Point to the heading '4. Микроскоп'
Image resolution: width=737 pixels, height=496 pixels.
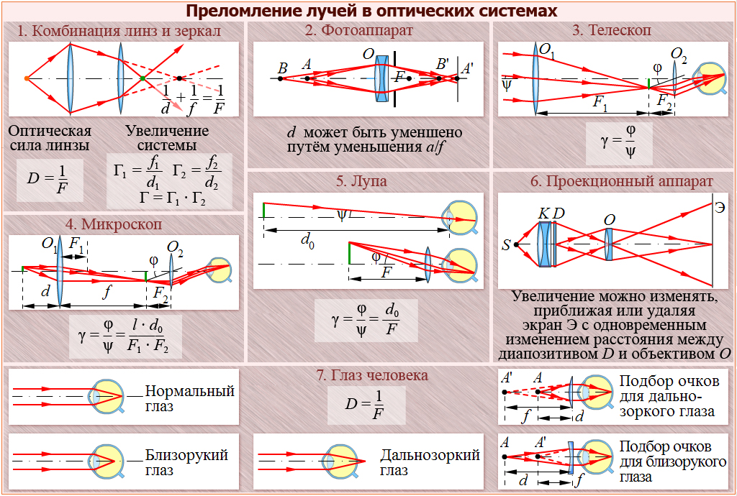tap(122, 224)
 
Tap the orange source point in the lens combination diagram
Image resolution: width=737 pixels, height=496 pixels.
tap(27, 78)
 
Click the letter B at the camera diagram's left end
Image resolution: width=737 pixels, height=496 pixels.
tap(283, 68)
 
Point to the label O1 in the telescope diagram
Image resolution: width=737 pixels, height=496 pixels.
tap(547, 51)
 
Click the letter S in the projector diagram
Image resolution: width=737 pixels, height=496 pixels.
tap(506, 245)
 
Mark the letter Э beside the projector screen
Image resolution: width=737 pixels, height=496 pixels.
tap(719, 208)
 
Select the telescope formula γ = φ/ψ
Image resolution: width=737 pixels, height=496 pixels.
tap(618, 142)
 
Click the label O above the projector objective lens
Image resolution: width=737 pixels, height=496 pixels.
tap(609, 219)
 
